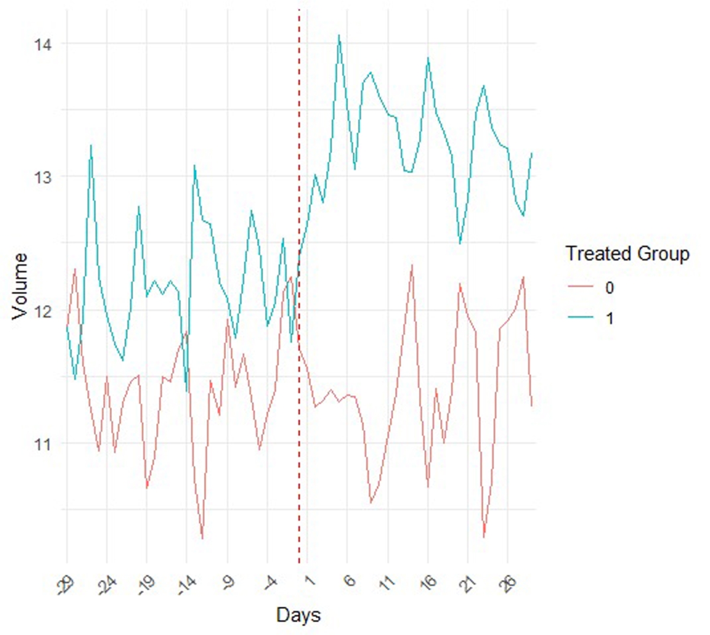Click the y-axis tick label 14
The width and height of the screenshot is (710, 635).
click(43, 44)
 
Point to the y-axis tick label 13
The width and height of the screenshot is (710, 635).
click(43, 177)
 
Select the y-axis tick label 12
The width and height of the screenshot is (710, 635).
click(43, 310)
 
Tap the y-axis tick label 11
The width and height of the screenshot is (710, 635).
click(43, 444)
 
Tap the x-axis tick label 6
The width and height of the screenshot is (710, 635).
click(350, 580)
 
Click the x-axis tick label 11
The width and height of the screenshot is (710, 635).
click(388, 582)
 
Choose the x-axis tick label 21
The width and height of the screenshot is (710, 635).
click(467, 582)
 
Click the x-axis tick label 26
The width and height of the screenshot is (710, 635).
click(508, 582)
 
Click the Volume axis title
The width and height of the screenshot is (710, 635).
click(20, 286)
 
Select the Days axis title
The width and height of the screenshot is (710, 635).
click(298, 615)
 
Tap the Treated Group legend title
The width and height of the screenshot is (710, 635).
click(627, 254)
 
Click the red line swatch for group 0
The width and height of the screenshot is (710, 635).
click(580, 288)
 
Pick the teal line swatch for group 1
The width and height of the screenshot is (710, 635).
click(580, 318)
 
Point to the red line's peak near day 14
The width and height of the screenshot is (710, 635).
click(412, 265)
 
